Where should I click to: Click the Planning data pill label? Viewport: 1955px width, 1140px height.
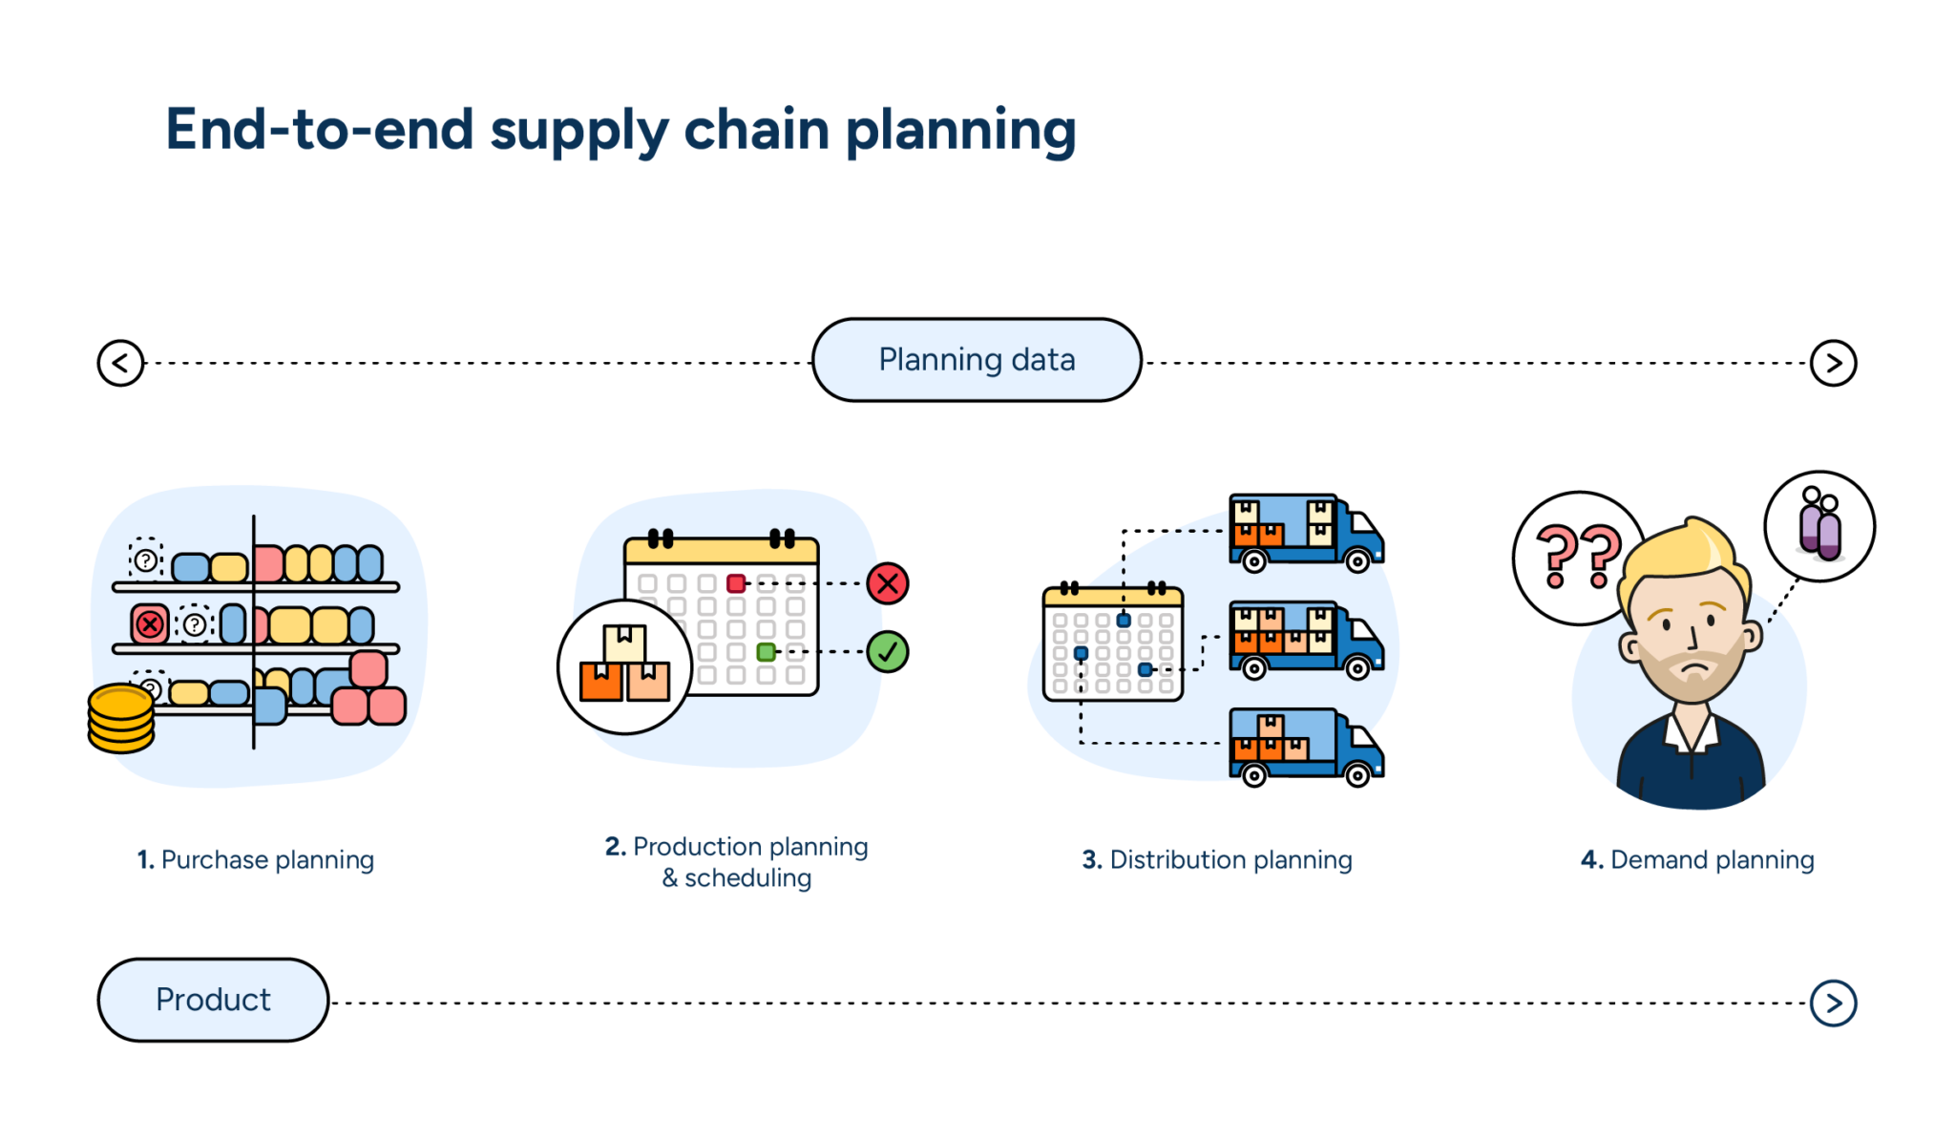977,360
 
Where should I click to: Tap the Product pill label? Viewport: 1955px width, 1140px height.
213,1000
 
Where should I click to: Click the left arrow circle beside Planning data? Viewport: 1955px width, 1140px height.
120,363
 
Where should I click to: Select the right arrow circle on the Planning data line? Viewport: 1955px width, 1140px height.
1833,363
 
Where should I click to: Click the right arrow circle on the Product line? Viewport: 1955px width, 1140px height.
1833,1003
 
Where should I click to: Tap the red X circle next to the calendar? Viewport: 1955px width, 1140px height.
888,583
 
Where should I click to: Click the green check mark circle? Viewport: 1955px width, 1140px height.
888,652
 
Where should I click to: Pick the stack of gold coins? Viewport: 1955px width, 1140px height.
121,718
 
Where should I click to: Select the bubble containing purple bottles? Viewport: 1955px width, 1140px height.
1819,526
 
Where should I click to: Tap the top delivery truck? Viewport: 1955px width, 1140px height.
1305,533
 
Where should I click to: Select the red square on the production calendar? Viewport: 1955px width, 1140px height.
736,583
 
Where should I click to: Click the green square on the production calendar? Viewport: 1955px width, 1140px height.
766,652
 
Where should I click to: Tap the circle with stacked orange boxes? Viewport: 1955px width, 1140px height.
624,666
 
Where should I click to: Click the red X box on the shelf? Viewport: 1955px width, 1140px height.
150,624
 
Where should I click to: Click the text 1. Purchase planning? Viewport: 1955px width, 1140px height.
256,859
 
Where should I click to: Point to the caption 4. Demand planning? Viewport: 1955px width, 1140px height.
1697,859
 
